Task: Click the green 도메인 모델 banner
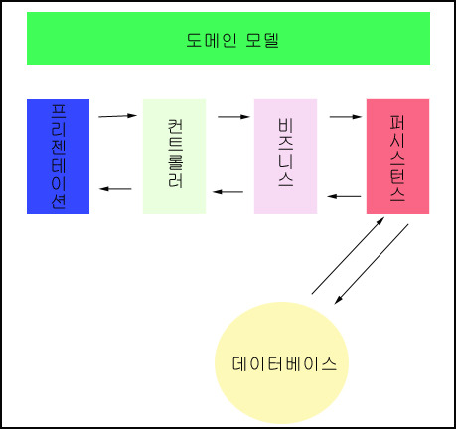click(228, 39)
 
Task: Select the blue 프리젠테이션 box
click(58, 156)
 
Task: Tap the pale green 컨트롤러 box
click(174, 156)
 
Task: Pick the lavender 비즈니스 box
click(285, 156)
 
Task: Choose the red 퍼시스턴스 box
click(397, 156)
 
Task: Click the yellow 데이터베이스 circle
click(281, 362)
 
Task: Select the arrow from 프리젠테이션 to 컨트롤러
click(118, 116)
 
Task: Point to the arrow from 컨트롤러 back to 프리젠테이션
click(115, 189)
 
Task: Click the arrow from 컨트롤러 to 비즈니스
click(233, 116)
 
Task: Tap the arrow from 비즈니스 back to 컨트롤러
click(228, 192)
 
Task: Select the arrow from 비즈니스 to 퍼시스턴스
click(346, 116)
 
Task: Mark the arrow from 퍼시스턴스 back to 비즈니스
click(344, 196)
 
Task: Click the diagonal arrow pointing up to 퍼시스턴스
click(348, 255)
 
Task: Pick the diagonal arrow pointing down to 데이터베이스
click(372, 264)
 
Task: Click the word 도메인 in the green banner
click(212, 41)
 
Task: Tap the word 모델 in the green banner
click(262, 41)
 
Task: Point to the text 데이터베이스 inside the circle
click(284, 364)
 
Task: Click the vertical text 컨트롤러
click(175, 154)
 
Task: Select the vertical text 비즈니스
click(285, 152)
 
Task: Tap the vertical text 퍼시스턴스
click(397, 158)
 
